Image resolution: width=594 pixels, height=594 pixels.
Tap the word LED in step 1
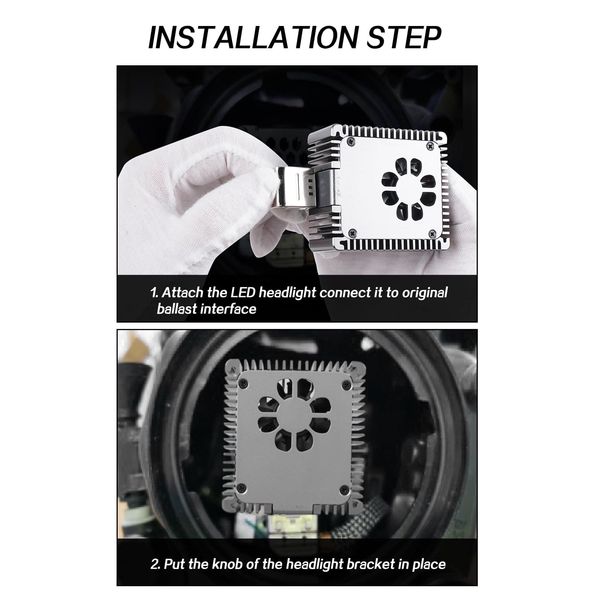[x=243, y=293]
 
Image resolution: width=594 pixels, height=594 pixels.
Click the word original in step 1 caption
[x=425, y=293]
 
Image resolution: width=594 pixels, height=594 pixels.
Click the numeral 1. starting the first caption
[x=154, y=293]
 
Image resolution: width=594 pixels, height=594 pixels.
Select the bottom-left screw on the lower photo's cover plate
[x=241, y=487]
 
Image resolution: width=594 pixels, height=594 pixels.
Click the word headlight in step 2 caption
[x=314, y=564]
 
